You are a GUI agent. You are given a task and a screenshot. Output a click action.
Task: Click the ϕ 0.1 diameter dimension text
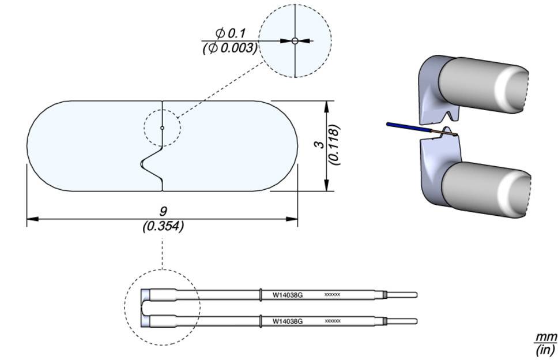[230, 33]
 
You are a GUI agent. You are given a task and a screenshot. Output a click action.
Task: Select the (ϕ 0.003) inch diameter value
[229, 48]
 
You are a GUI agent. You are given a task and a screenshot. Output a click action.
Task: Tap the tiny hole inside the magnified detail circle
[295, 40]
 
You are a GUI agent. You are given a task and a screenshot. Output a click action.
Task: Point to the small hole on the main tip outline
[163, 127]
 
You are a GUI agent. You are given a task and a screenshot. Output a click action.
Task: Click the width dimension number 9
[163, 211]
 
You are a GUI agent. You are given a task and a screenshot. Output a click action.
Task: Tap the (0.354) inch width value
[163, 227]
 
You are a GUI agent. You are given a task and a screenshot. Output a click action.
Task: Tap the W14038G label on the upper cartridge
[287, 295]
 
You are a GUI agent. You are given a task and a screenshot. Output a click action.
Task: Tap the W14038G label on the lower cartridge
[287, 320]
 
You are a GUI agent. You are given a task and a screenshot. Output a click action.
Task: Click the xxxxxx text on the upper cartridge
[333, 295]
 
